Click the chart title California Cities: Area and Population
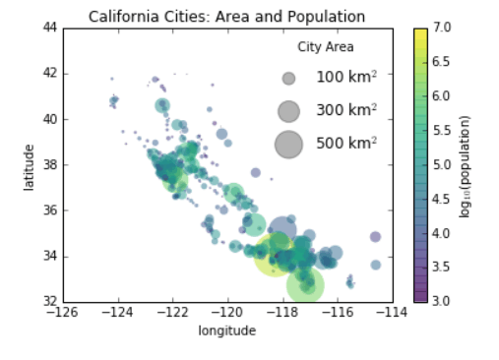226,17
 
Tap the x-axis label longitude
226,330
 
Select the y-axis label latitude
31,164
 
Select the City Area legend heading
326,47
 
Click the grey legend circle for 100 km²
288,78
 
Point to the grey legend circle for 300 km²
288,110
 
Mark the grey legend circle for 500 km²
288,144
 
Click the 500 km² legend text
346,144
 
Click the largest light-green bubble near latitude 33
306,285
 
